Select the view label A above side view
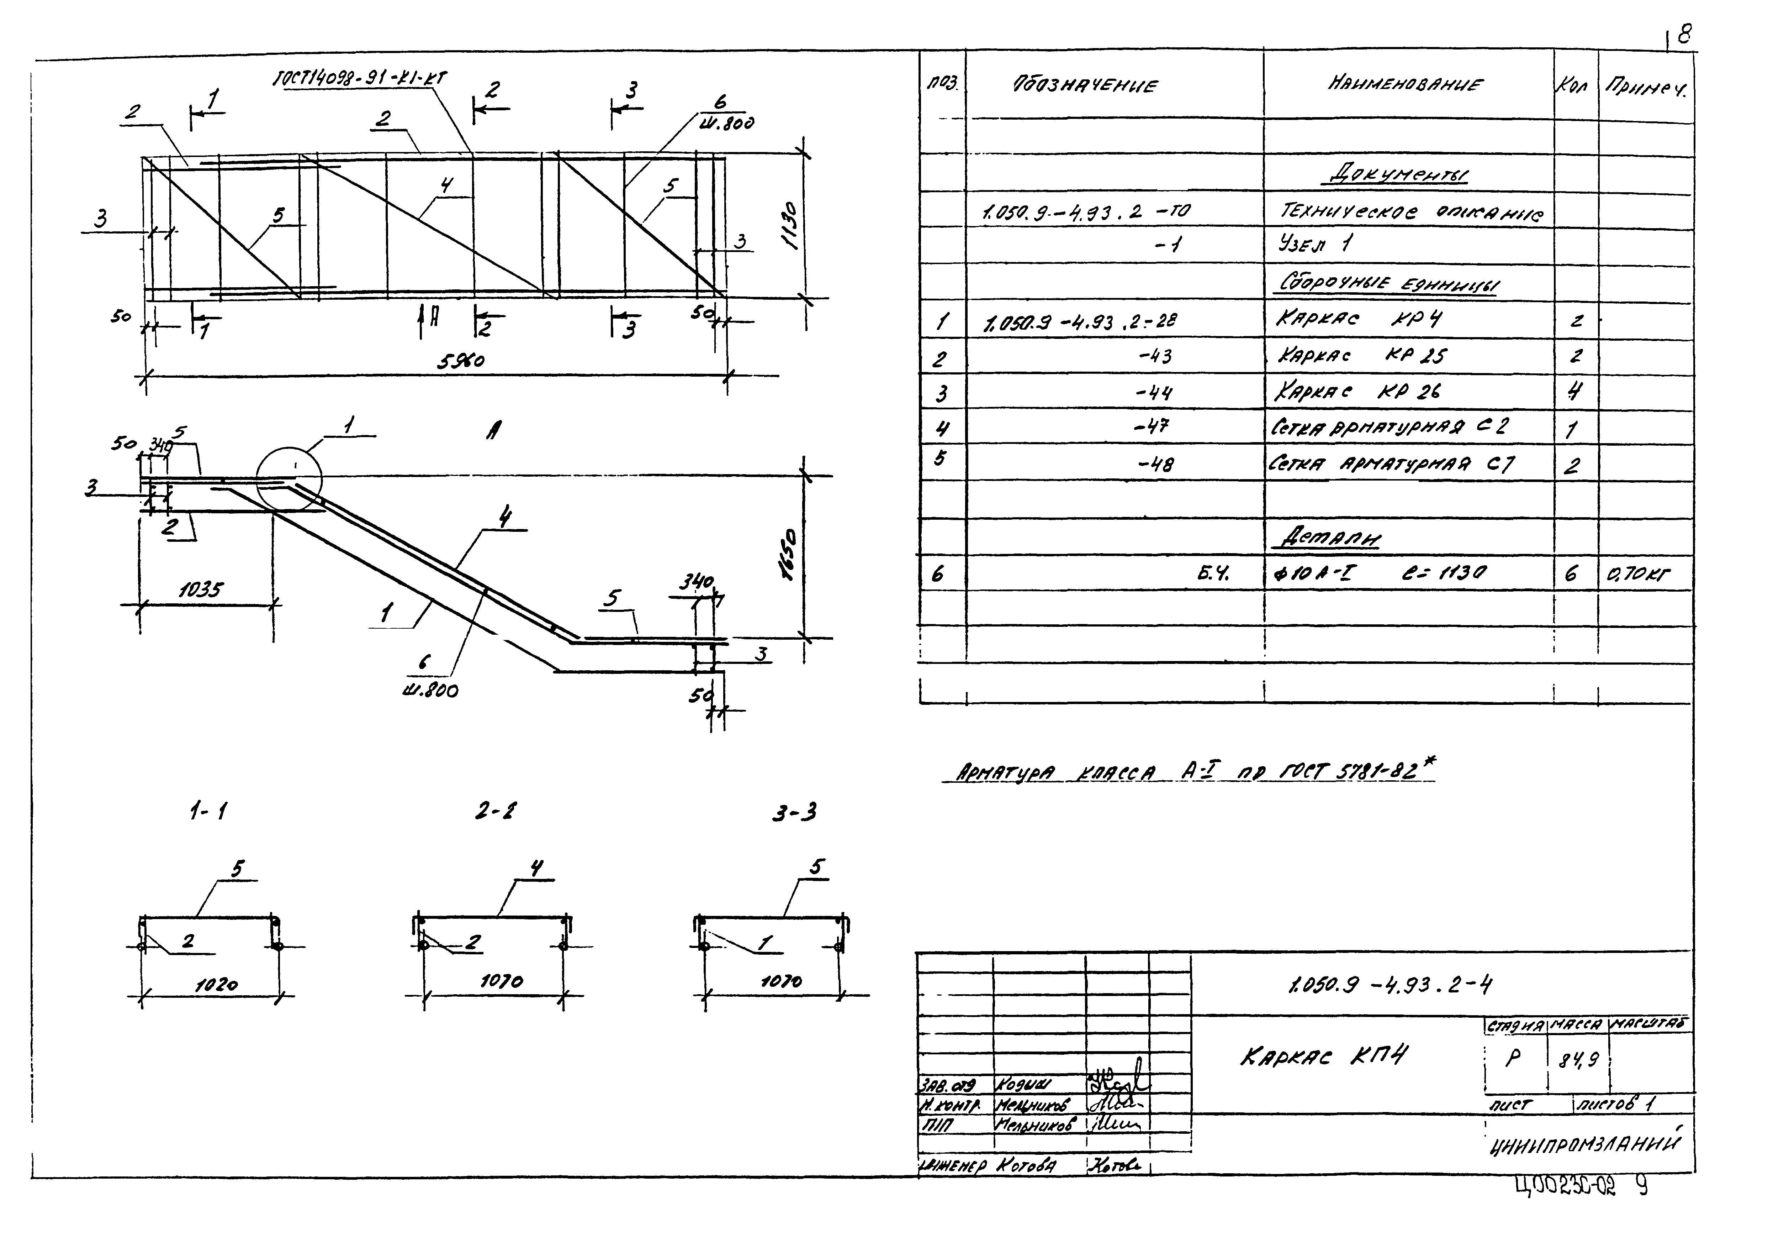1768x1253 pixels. pyautogui.click(x=491, y=431)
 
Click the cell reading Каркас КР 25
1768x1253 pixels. pyautogui.click(x=1361, y=356)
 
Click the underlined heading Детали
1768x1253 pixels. pyautogui.click(x=1330, y=539)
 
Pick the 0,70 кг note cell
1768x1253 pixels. pyautogui.click(x=1639, y=574)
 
